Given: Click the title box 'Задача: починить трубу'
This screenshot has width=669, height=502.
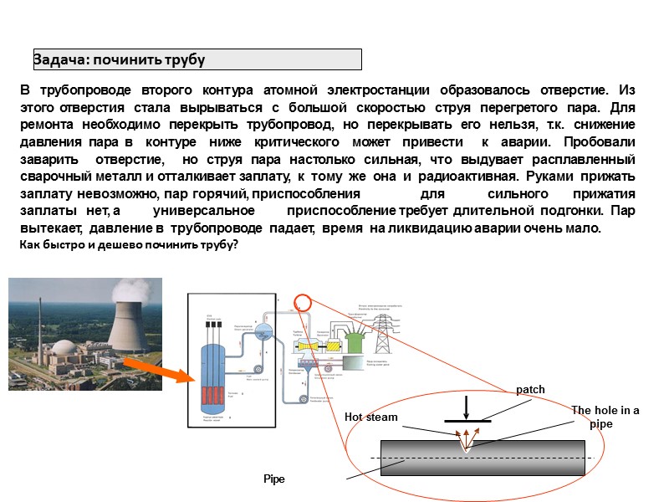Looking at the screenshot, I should pos(197,59).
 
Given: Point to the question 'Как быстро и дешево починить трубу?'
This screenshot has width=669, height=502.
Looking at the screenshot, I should pos(129,244).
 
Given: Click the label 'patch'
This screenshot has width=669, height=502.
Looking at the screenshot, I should pos(530,390).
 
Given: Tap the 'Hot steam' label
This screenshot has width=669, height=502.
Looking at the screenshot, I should pos(371,417).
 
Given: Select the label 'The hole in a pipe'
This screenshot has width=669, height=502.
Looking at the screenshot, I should pos(605,417).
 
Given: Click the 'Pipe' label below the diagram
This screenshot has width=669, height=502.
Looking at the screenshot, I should pos(273,479).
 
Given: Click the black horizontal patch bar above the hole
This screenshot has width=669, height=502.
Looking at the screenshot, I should pos(467,421).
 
